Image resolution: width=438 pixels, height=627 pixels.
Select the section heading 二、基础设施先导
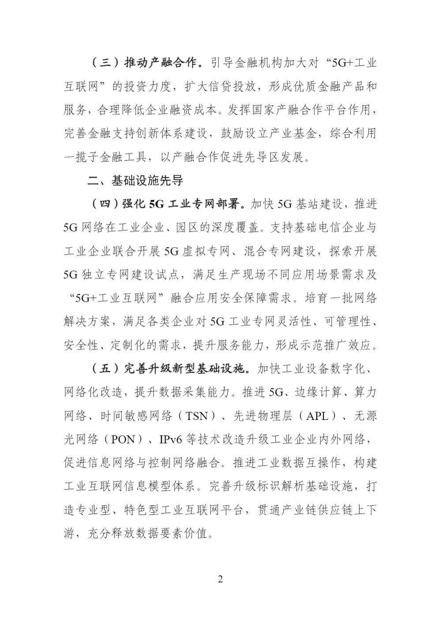(135, 180)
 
